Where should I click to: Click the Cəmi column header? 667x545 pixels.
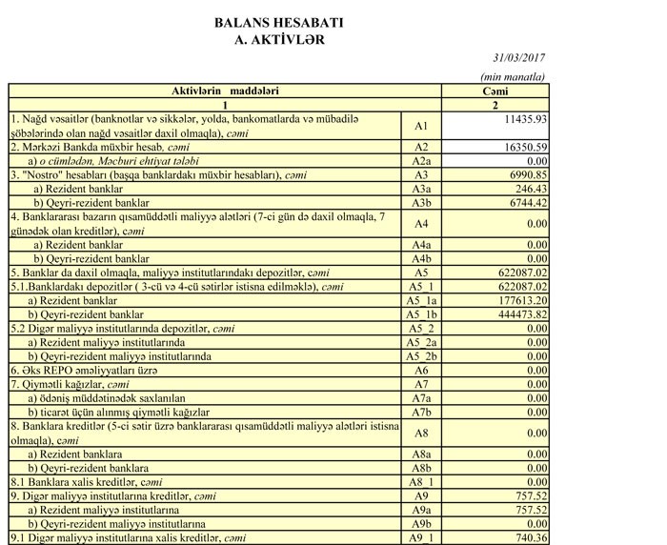495,91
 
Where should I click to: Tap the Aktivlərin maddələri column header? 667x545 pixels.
225,91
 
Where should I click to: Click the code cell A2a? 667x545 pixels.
421,162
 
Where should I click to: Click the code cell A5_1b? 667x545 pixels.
421,313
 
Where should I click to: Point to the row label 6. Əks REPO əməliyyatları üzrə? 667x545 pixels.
86,370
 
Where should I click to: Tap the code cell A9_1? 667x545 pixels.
421,538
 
